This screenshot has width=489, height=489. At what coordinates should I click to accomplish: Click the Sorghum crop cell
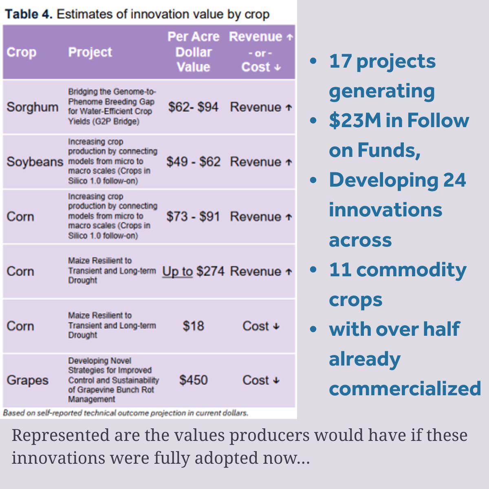click(32, 107)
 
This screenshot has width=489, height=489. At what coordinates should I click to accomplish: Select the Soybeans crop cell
click(35, 162)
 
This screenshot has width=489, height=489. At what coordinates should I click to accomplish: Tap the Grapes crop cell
click(27, 380)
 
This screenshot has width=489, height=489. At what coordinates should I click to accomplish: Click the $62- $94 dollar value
click(193, 107)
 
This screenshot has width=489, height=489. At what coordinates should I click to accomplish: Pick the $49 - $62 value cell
click(193, 162)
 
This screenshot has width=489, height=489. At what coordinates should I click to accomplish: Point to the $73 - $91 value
click(193, 216)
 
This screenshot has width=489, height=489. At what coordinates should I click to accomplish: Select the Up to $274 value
click(193, 271)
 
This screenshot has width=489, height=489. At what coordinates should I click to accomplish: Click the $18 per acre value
click(193, 326)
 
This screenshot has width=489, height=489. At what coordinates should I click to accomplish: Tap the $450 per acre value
click(193, 380)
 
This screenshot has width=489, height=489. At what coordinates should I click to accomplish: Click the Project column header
click(90, 52)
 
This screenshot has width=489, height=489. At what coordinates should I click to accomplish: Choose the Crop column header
click(21, 52)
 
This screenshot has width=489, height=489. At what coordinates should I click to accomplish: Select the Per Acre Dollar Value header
click(193, 52)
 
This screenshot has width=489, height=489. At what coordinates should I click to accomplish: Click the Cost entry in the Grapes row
click(261, 380)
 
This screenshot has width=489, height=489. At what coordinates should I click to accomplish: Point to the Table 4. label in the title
click(29, 14)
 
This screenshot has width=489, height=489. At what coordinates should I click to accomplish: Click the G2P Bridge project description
click(112, 107)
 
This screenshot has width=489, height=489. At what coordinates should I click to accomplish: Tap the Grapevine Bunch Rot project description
click(113, 380)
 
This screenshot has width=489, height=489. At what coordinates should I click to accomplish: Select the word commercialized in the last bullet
click(405, 388)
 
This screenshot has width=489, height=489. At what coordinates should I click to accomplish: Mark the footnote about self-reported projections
click(126, 413)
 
